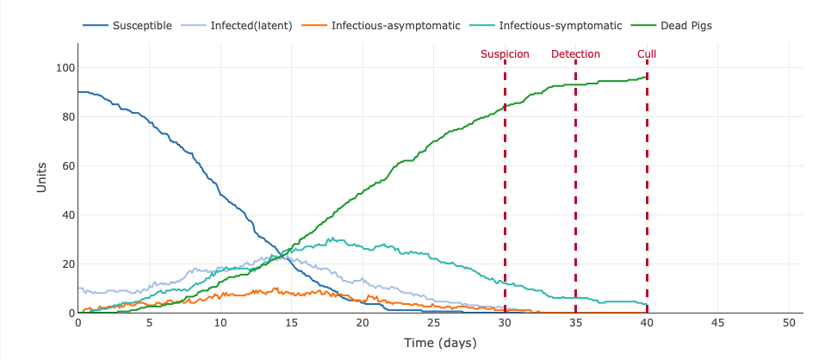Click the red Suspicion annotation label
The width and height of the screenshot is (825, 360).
click(505, 54)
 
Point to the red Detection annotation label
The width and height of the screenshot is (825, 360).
click(575, 54)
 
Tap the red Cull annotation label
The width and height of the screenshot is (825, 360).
click(647, 54)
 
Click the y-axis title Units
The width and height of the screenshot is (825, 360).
click(41, 177)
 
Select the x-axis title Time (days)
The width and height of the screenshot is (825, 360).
click(440, 343)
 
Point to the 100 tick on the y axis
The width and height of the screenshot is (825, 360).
click(65, 68)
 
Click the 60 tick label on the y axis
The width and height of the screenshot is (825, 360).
click(67, 166)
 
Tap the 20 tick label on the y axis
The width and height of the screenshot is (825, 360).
click(67, 264)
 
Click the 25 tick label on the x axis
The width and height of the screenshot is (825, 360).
click(433, 323)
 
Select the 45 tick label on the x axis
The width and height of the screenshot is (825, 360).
click(717, 323)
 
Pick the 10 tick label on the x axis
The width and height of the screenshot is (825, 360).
click(220, 323)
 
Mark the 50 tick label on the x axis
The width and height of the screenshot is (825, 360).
click(789, 323)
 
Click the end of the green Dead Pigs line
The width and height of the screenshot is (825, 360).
click(646, 78)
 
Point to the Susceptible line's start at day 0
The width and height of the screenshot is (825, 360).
click(78, 92)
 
